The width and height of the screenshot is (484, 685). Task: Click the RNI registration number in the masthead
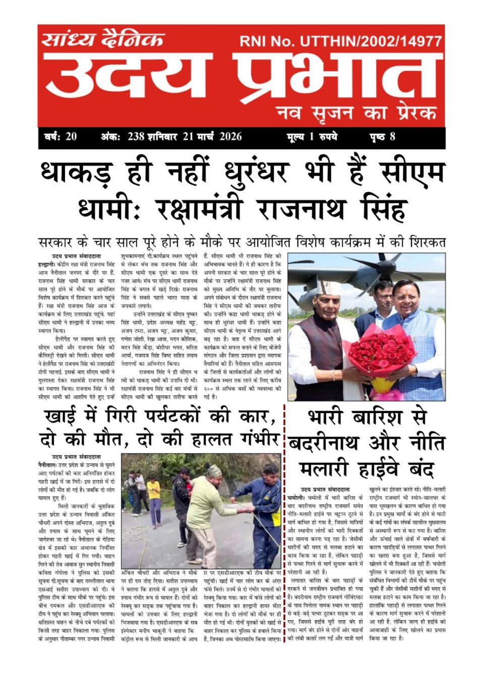(x=341, y=41)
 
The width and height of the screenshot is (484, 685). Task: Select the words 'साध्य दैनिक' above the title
(x=103, y=39)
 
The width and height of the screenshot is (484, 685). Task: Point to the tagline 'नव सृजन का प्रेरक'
(x=356, y=112)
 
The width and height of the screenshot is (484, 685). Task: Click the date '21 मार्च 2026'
(x=212, y=137)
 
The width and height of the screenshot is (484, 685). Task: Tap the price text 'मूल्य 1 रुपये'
(x=312, y=137)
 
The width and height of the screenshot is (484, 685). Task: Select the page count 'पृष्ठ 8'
(x=382, y=137)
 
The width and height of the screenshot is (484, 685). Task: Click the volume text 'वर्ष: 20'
(x=60, y=137)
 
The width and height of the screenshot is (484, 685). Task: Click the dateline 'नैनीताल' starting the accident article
(x=47, y=463)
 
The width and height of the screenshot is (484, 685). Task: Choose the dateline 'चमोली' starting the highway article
(x=297, y=497)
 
